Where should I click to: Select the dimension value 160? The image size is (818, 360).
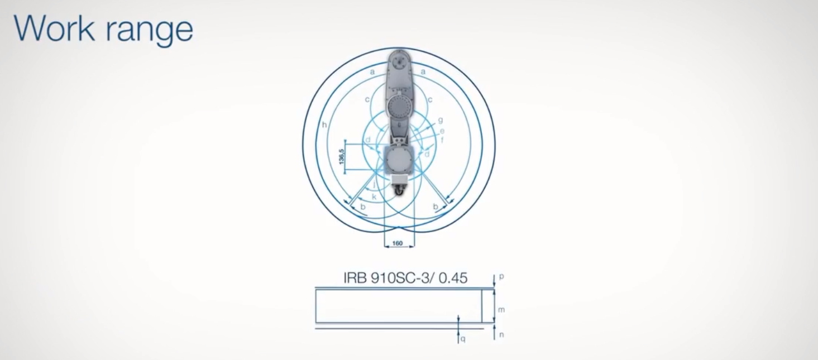pyautogui.click(x=398, y=243)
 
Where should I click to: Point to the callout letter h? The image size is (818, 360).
pyautogui.click(x=324, y=124)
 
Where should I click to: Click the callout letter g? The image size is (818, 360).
pyautogui.click(x=441, y=119)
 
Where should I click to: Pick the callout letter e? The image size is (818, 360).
pyautogui.click(x=442, y=131)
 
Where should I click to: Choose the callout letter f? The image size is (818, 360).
pyautogui.click(x=442, y=140)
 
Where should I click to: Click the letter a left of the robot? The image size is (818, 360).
pyautogui.click(x=372, y=71)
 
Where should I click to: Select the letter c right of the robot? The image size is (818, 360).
pyautogui.click(x=429, y=99)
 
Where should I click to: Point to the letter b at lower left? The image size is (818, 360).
pyautogui.click(x=363, y=207)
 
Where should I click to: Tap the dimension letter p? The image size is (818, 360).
pyautogui.click(x=501, y=276)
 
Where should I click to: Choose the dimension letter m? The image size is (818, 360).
pyautogui.click(x=501, y=309)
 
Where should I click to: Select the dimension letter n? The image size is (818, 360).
pyautogui.click(x=501, y=335)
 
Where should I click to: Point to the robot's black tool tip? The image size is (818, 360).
pyautogui.click(x=399, y=191)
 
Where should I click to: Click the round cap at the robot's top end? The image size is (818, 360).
pyautogui.click(x=399, y=60)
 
